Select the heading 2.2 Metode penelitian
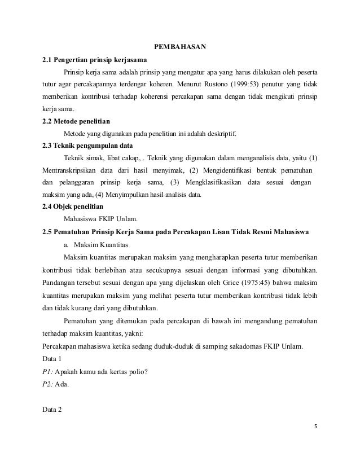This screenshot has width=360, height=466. click(77, 121)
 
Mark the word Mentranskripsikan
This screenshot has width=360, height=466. click(67, 170)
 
